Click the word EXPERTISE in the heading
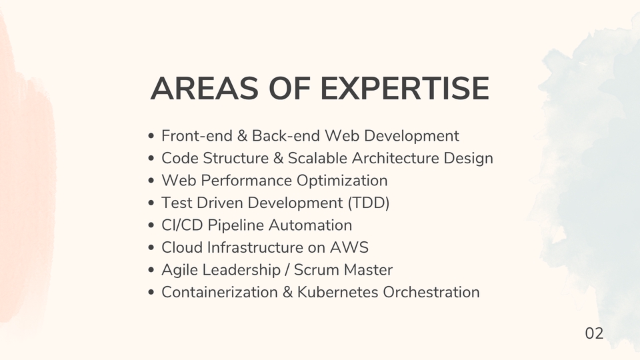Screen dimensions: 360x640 (x=405, y=89)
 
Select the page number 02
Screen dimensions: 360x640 (x=594, y=333)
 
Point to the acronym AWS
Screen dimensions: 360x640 (x=349, y=247)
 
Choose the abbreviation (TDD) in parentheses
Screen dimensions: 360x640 (x=369, y=203)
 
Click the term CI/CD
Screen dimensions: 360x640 (x=182, y=225)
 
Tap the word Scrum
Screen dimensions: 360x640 (x=314, y=270)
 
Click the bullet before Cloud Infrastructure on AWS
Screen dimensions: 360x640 (x=153, y=248)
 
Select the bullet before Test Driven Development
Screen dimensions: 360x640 (x=153, y=203)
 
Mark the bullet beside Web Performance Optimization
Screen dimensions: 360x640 (x=153, y=181)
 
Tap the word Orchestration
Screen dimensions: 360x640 (x=431, y=292)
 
